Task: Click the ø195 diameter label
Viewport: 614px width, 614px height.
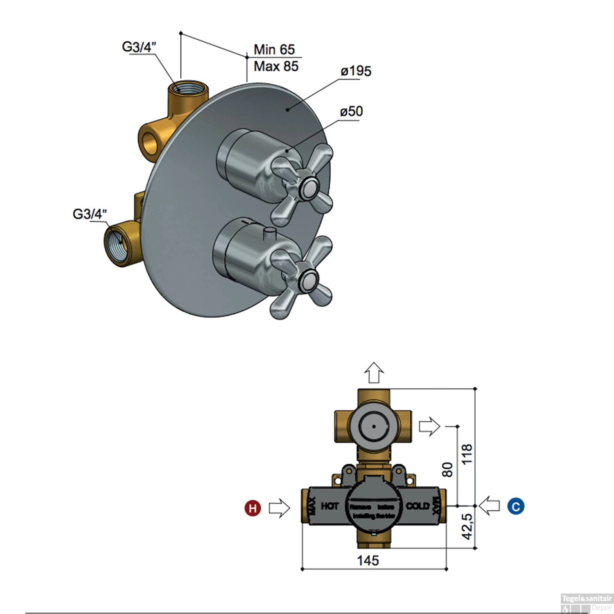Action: point(356,71)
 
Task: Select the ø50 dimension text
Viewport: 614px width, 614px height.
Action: point(351,111)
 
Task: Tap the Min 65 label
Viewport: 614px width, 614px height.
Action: point(274,50)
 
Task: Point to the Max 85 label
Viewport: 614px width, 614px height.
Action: point(276,66)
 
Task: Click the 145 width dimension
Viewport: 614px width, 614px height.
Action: point(368,560)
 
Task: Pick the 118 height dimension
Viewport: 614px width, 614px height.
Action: point(467,454)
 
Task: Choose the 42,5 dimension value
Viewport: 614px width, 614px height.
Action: point(467,526)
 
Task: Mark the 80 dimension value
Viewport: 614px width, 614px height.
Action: point(448,470)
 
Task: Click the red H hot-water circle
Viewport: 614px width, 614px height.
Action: point(253,508)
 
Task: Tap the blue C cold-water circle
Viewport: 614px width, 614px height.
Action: point(516,507)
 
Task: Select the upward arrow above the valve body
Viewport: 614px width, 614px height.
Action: point(374,372)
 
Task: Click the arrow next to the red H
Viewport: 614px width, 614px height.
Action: point(279,508)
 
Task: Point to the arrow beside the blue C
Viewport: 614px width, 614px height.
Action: point(489,506)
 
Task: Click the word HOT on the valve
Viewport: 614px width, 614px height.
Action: point(330,506)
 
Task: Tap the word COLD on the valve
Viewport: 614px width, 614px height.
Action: point(418,506)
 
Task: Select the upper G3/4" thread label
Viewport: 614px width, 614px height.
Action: point(139,47)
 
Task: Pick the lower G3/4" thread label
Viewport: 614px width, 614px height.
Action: point(90,214)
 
